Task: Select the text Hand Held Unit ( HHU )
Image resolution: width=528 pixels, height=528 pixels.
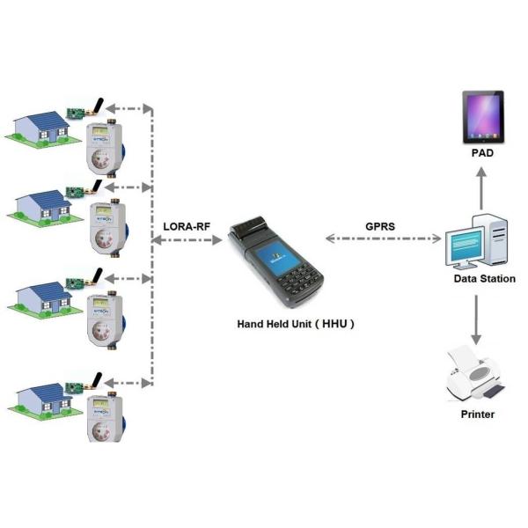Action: [x=296, y=323]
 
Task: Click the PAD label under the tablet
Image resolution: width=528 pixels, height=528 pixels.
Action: [x=480, y=153]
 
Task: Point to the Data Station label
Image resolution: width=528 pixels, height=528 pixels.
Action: [x=484, y=279]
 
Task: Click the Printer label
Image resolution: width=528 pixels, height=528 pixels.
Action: [x=478, y=414]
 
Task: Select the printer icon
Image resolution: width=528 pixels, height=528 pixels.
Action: [x=476, y=371]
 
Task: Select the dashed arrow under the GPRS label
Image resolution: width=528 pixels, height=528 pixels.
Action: [x=383, y=238]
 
